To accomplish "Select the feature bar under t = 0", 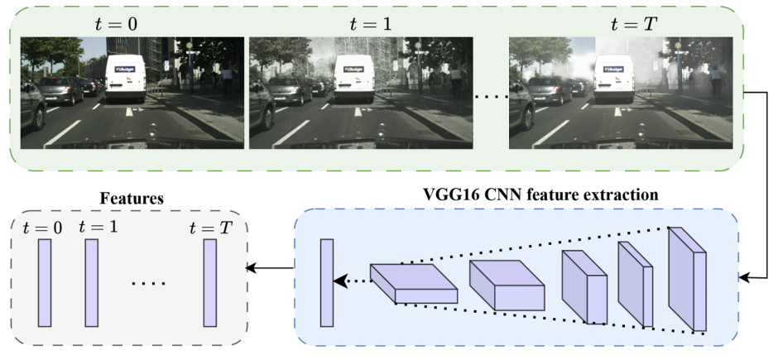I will point(44,282).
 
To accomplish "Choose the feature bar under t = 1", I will point(91,282).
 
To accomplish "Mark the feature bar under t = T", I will point(210,282).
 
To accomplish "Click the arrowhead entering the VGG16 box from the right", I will point(746,279).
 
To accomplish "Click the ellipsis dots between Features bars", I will point(149,284).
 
